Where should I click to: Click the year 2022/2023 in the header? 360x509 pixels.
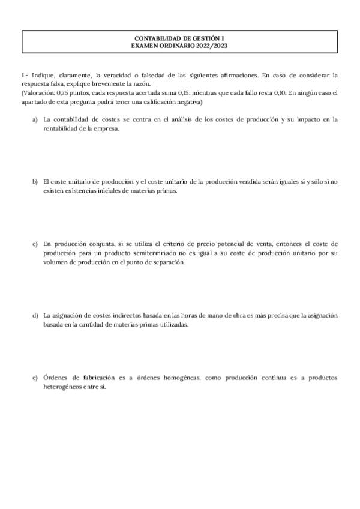[213, 46]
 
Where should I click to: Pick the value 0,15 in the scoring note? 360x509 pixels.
[189, 93]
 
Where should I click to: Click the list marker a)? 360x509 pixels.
[35, 119]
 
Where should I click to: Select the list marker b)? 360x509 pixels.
[35, 182]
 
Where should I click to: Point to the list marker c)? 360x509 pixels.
[35, 244]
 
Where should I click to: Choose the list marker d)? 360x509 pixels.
[35, 315]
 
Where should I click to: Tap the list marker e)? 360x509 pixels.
[35, 378]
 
